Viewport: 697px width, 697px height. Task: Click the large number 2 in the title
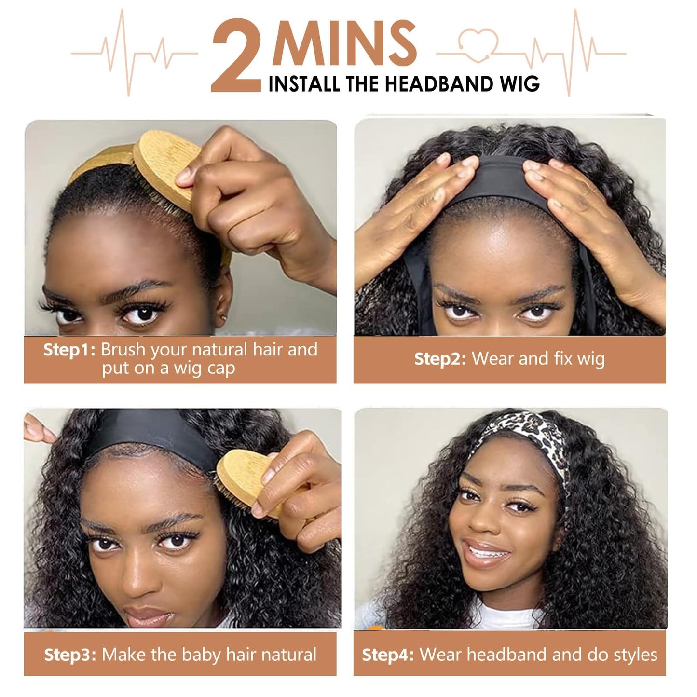[237, 55]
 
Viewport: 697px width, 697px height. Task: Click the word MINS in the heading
[344, 43]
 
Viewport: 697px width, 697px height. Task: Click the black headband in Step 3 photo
[152, 434]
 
